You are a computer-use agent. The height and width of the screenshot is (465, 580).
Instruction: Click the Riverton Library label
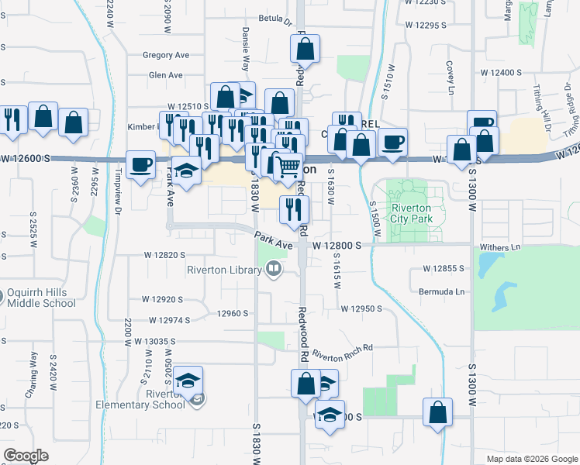pyautogui.click(x=224, y=270)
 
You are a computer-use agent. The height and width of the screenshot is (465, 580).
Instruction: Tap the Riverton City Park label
pyautogui.click(x=416, y=214)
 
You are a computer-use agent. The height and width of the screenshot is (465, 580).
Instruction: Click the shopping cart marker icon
pyautogui.click(x=288, y=167)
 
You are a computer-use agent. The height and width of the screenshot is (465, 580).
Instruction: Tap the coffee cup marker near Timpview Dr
pyautogui.click(x=140, y=166)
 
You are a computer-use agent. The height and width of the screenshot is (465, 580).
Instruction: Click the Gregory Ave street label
pyautogui.click(x=166, y=55)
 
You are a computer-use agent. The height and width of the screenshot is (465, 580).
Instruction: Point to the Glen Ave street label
pyautogui.click(x=165, y=75)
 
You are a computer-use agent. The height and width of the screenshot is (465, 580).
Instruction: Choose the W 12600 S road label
pyautogui.click(x=26, y=158)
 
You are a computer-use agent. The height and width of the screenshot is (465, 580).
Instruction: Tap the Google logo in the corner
pyautogui.click(x=26, y=456)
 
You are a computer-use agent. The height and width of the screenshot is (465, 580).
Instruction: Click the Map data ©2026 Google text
pyautogui.click(x=531, y=459)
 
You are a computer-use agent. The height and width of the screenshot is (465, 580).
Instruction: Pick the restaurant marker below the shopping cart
pyautogui.click(x=294, y=208)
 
